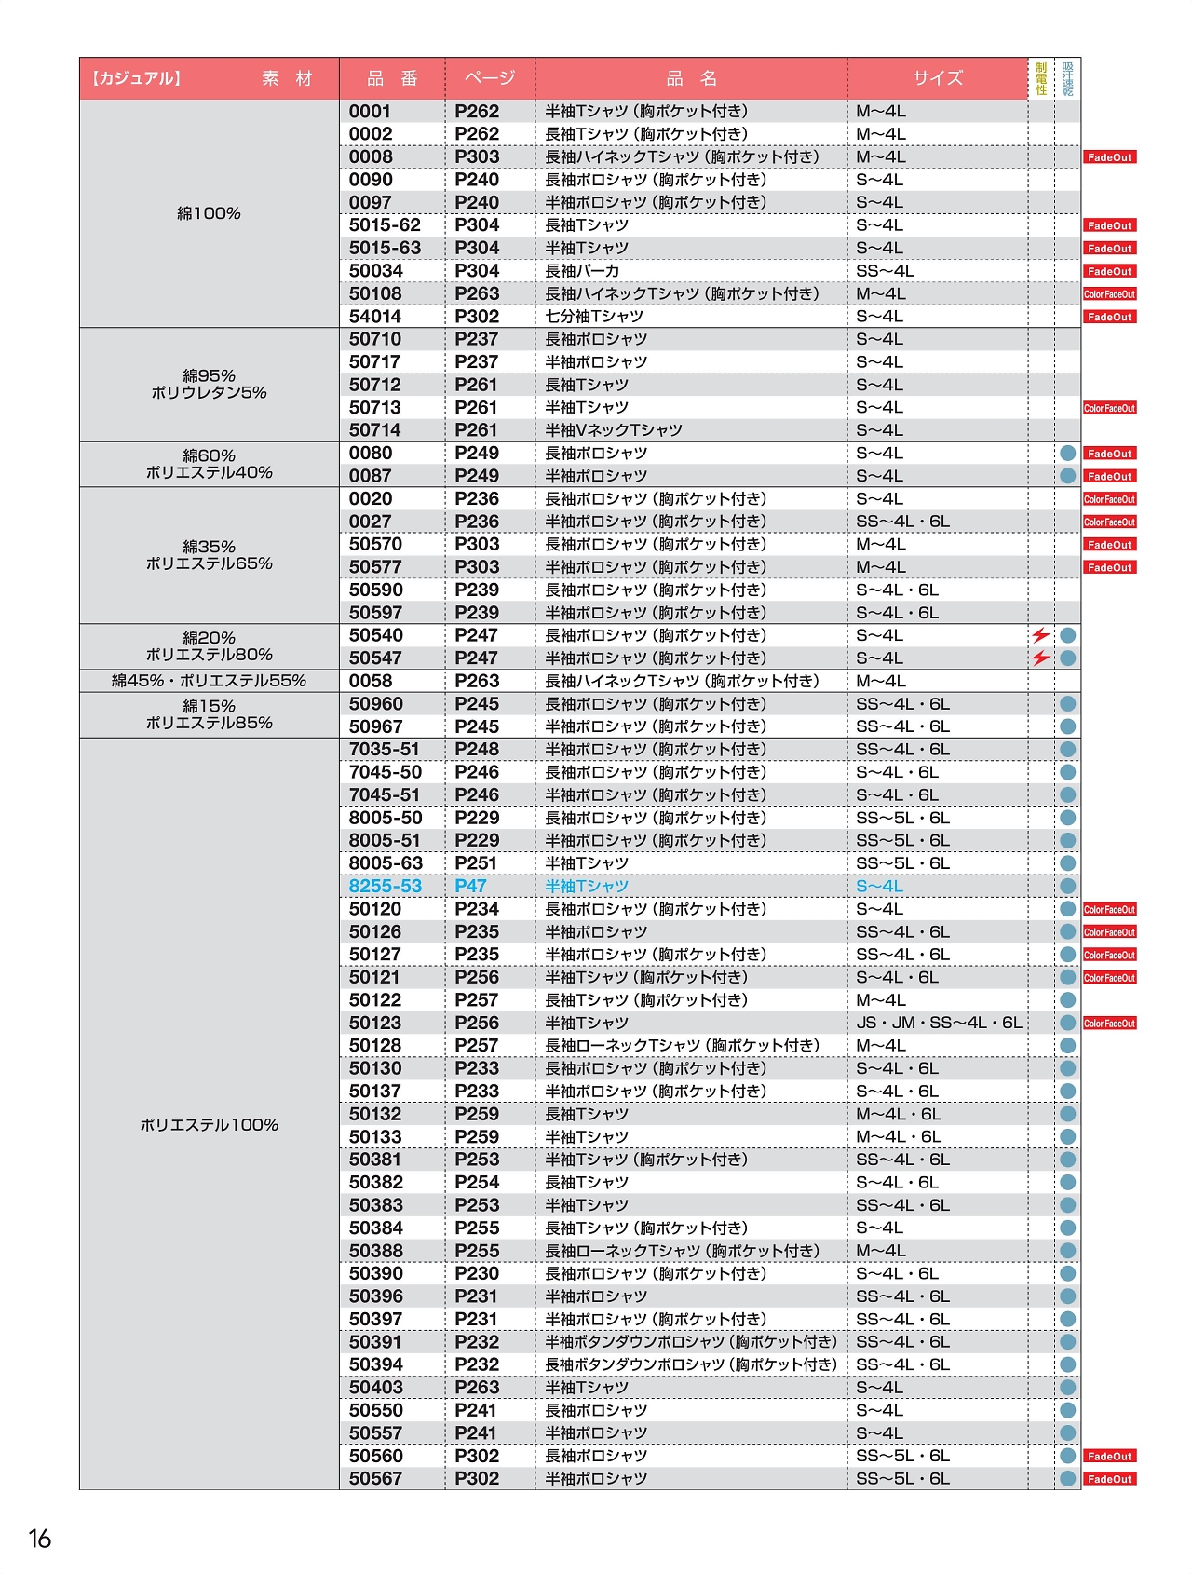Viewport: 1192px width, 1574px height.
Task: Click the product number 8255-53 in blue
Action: click(385, 886)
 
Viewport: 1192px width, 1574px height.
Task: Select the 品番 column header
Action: click(392, 78)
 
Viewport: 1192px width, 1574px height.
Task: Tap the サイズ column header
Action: click(937, 78)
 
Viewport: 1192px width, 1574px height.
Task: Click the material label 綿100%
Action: click(209, 213)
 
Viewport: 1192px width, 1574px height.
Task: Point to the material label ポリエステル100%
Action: click(209, 1125)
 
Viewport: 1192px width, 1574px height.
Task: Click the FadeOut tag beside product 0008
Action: click(1109, 157)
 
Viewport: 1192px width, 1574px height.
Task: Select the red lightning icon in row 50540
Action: click(1040, 635)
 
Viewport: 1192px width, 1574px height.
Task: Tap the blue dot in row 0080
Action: click(1068, 454)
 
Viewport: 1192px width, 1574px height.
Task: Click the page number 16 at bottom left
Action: click(40, 1539)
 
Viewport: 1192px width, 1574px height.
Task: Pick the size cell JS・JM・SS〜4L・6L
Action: click(939, 1023)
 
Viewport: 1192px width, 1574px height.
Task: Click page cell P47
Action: click(470, 886)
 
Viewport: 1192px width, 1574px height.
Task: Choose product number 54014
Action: click(375, 317)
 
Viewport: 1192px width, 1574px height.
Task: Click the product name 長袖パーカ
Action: click(582, 271)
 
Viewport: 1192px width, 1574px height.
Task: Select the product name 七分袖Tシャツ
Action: click(594, 317)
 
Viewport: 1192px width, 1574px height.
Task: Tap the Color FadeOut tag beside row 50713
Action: click(1109, 408)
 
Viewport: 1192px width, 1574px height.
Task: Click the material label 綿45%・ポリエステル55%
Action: click(209, 681)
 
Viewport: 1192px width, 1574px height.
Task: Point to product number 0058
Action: click(371, 681)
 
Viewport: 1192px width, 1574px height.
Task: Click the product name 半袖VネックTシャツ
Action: click(614, 430)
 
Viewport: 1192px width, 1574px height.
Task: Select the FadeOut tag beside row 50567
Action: click(1109, 1479)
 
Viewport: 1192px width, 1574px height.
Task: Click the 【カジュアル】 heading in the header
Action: click(135, 78)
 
